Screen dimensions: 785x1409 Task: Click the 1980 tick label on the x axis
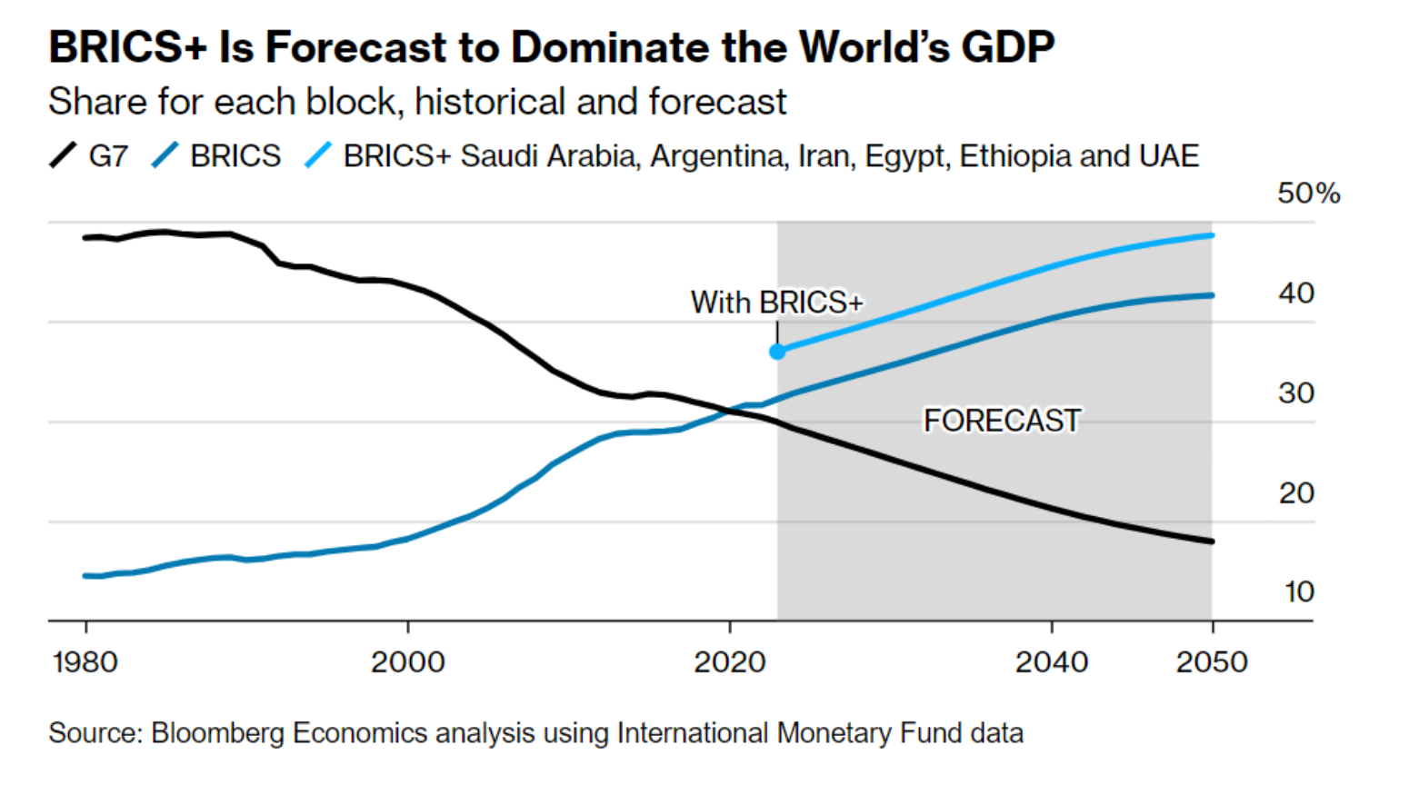point(85,661)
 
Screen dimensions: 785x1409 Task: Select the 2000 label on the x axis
point(407,661)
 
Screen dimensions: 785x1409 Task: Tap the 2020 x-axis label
point(729,661)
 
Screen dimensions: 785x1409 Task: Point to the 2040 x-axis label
point(1051,661)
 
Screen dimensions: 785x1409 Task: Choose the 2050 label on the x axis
point(1212,661)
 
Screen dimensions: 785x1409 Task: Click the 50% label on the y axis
point(1308,194)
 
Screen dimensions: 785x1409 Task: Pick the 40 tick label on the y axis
point(1296,293)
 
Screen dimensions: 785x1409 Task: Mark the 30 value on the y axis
point(1296,393)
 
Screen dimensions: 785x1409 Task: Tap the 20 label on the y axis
point(1296,493)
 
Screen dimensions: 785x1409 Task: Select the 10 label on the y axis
point(1299,592)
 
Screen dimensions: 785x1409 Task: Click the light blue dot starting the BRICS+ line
point(777,352)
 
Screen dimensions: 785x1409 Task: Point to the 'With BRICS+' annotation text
point(776,303)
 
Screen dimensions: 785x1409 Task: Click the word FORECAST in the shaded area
point(1002,421)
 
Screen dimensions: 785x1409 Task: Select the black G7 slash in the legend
point(64,155)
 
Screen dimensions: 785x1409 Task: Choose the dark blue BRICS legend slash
point(165,155)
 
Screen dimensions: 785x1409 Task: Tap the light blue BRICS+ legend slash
point(318,155)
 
